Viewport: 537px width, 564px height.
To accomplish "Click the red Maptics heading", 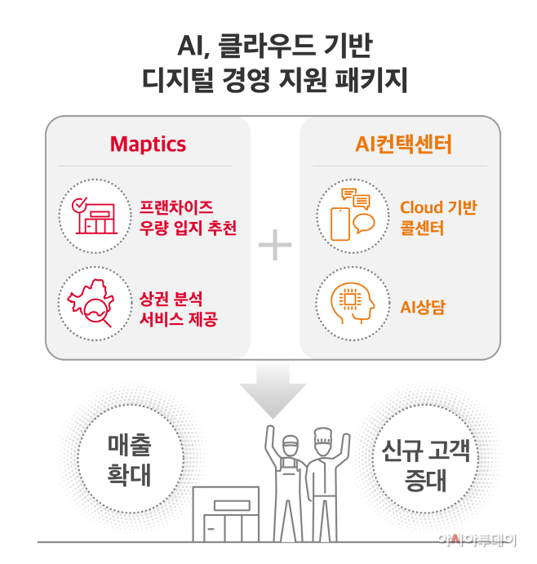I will pos(149,144).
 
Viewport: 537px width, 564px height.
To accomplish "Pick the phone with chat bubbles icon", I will pos(349,213).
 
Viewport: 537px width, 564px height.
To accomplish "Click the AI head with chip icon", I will pos(349,301).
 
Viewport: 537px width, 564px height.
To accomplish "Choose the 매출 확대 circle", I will pos(130,460).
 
